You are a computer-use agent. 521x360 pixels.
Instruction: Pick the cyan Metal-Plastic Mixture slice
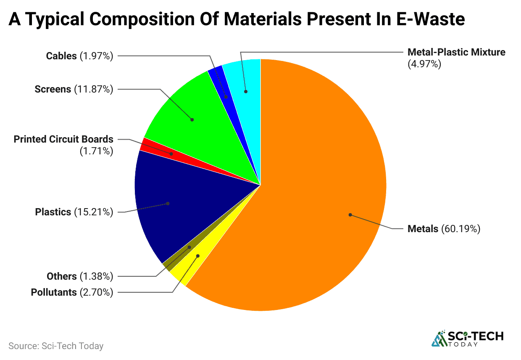pyautogui.click(x=246, y=84)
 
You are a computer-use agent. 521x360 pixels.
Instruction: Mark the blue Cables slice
pyautogui.click(x=223, y=88)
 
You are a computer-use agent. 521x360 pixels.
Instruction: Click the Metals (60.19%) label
pyautogui.click(x=444, y=229)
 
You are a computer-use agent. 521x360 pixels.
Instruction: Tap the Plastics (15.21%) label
pyautogui.click(x=74, y=212)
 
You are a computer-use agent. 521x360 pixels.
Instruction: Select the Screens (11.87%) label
pyautogui.click(x=74, y=89)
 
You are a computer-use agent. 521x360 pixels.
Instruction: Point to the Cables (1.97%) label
pyautogui.click(x=79, y=56)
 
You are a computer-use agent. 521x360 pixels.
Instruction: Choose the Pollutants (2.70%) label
pyautogui.click(x=72, y=292)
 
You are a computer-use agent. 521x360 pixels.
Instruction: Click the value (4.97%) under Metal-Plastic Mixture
pyautogui.click(x=424, y=64)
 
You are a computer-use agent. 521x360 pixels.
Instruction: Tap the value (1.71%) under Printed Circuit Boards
pyautogui.click(x=96, y=151)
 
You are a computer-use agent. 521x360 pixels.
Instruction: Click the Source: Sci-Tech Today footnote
pyautogui.click(x=56, y=346)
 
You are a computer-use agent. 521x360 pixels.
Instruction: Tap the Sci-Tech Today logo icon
pyautogui.click(x=439, y=339)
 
